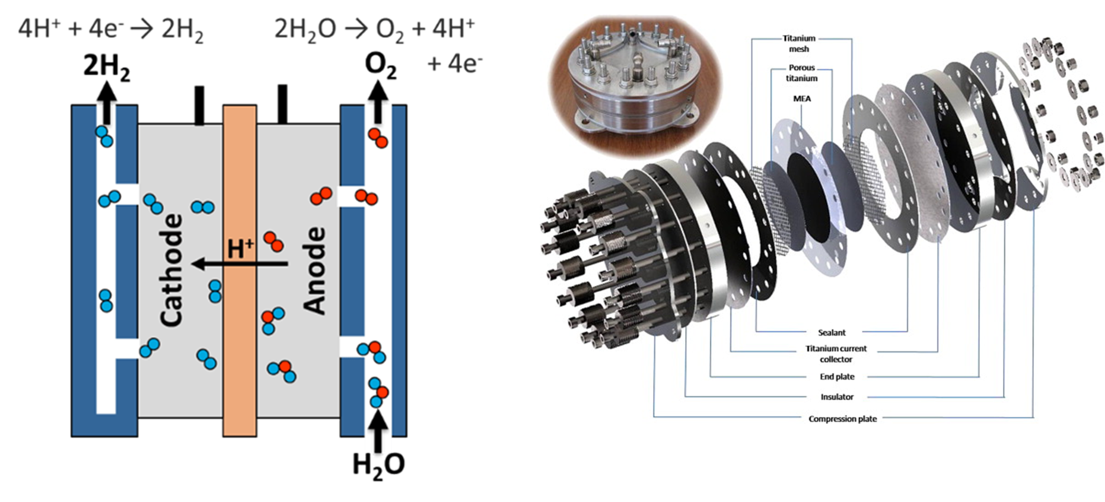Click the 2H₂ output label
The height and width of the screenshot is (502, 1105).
click(106, 66)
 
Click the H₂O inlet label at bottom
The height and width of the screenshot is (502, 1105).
click(378, 465)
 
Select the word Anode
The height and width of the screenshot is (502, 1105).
click(314, 270)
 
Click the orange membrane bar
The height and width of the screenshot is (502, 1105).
click(240, 356)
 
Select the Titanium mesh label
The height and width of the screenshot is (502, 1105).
click(799, 43)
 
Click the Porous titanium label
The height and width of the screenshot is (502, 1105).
click(801, 73)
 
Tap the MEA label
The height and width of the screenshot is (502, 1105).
click(801, 99)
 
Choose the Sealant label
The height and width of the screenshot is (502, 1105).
click(832, 332)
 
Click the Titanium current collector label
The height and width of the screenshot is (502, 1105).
click(836, 354)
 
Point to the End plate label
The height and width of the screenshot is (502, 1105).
click(837, 376)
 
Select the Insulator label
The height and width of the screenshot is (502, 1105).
click(837, 396)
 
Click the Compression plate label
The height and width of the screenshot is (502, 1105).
click(842, 418)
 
